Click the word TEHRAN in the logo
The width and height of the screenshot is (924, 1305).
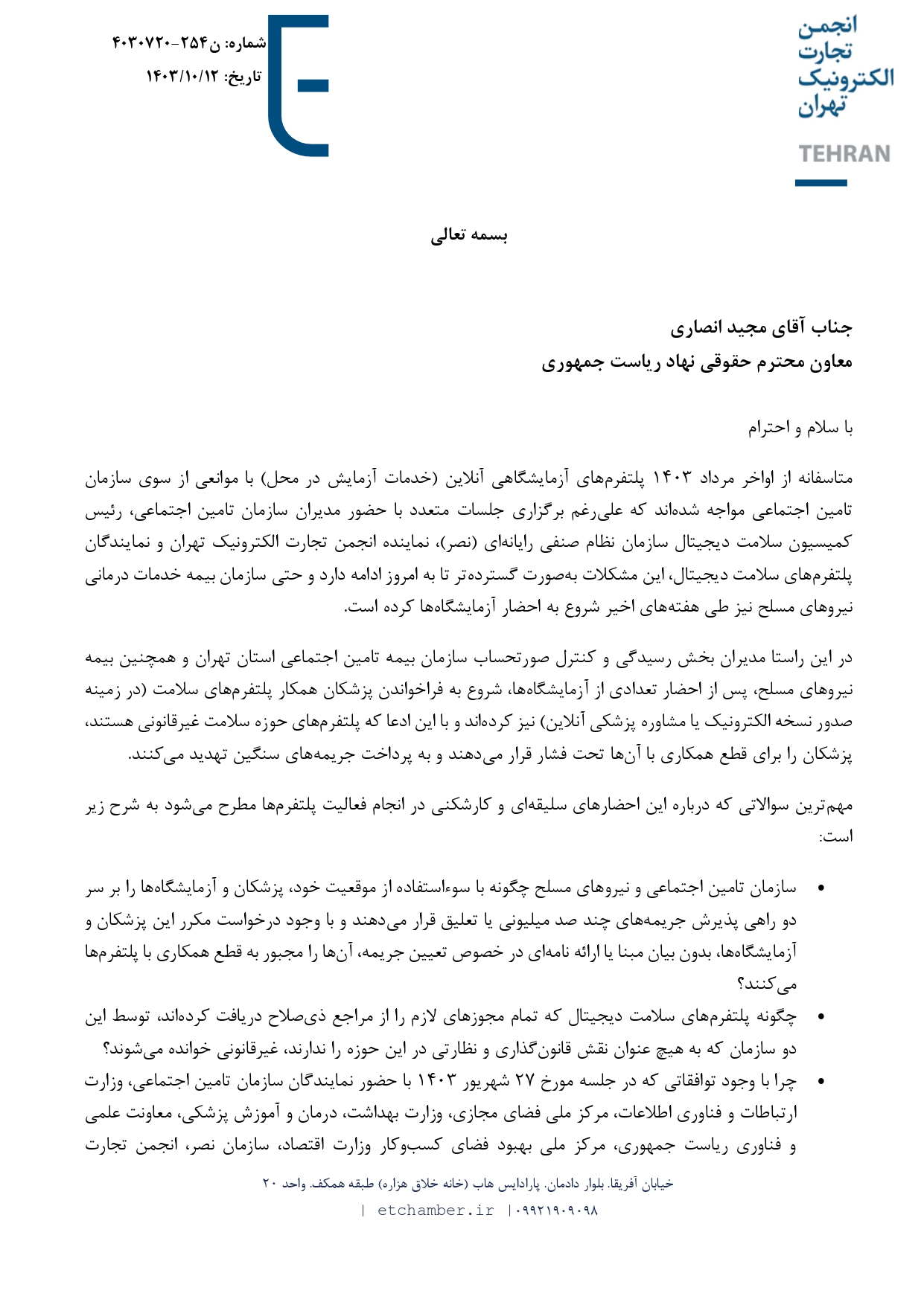click(844, 154)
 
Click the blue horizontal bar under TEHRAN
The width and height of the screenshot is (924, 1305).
click(821, 182)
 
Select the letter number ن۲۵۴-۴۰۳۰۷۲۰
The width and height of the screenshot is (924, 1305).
click(166, 43)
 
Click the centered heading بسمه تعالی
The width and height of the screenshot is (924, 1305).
click(469, 236)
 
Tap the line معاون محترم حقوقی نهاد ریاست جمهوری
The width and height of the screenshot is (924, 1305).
click(696, 362)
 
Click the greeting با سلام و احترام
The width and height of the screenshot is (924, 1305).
click(800, 428)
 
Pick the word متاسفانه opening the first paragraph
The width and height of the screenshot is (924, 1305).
click(823, 478)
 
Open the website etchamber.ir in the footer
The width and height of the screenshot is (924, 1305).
click(436, 1211)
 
